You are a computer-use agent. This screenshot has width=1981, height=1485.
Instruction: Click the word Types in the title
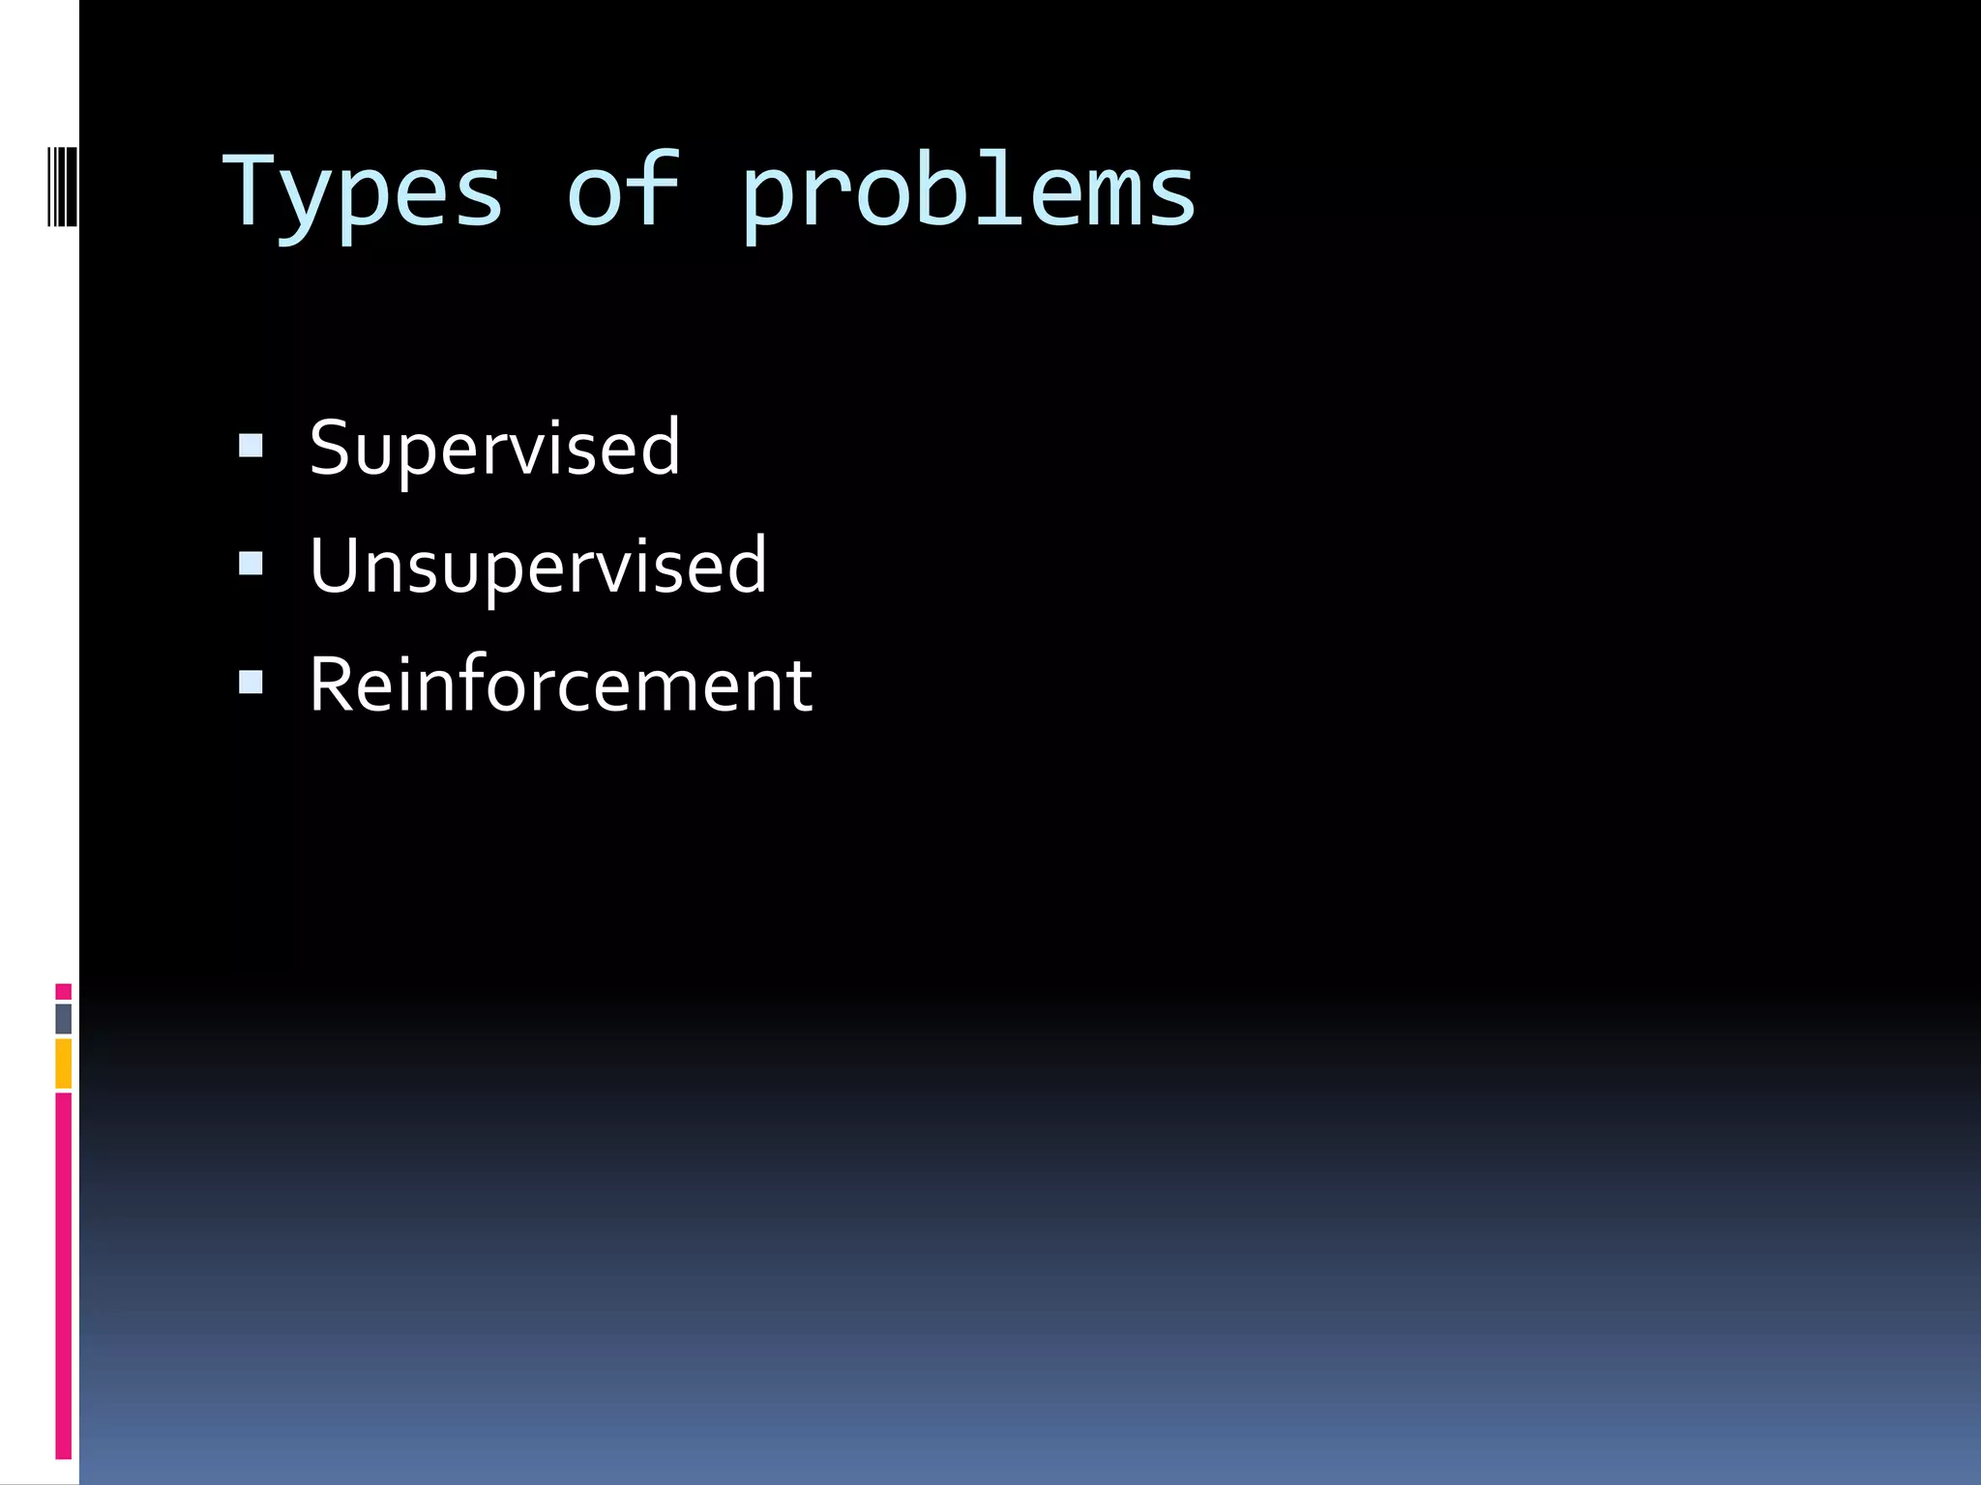(363, 193)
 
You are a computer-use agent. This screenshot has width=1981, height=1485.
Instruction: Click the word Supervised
(494, 448)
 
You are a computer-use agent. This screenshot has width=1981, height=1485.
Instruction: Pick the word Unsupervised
(538, 566)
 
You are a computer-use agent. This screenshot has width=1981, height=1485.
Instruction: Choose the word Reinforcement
(560, 684)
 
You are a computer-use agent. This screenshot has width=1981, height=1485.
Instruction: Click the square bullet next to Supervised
(251, 445)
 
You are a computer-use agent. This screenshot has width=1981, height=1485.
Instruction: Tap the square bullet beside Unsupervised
(251, 564)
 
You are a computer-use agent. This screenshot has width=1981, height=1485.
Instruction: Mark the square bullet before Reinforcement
(251, 683)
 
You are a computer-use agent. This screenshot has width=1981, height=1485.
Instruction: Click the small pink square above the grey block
(63, 992)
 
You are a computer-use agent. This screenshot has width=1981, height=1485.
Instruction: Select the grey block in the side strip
(63, 1019)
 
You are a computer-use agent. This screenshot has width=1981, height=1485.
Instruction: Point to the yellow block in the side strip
(63, 1063)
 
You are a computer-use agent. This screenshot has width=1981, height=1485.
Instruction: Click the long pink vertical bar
(63, 1276)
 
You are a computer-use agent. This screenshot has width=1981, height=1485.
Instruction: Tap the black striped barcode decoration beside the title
(63, 186)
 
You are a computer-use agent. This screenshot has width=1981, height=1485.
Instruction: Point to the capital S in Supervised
(331, 448)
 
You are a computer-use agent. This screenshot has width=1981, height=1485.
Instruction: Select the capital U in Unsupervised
(335, 566)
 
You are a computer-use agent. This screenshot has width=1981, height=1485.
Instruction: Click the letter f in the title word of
(655, 189)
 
